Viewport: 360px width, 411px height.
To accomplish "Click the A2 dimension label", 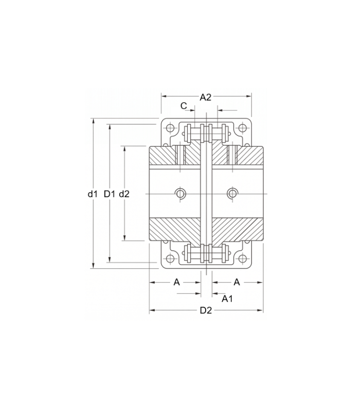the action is coord(205,97).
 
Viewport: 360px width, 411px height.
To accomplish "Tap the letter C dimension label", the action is coord(184,106).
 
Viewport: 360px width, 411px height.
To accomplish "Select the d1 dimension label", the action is coord(93,194).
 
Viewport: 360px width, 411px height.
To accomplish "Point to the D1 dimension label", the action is coord(110,194).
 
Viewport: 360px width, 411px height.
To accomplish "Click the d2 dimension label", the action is coord(124,194).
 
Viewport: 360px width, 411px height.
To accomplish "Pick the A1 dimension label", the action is coord(227,298).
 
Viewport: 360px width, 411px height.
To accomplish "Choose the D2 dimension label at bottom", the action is coord(206,310).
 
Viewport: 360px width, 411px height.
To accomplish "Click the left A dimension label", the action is coord(177,282).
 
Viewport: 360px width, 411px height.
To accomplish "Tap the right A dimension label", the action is coord(237,282).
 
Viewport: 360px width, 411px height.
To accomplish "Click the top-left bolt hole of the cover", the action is coord(170,128).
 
